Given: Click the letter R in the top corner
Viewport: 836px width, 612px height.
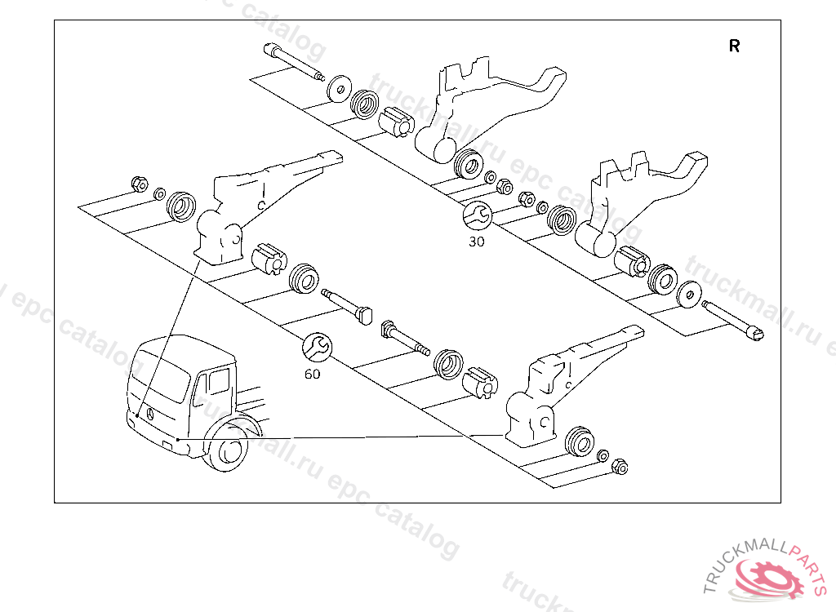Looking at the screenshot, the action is pyautogui.click(x=735, y=47).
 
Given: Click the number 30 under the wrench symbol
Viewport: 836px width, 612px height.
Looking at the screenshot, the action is pyautogui.click(x=476, y=242).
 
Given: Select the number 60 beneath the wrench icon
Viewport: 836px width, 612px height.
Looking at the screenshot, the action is pyautogui.click(x=312, y=374).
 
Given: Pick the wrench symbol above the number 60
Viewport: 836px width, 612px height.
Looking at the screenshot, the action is pyautogui.click(x=317, y=347).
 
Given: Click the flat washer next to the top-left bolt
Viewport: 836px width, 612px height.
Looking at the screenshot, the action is pyautogui.click(x=338, y=88).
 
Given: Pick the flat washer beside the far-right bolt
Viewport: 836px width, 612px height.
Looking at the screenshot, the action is pyautogui.click(x=690, y=294).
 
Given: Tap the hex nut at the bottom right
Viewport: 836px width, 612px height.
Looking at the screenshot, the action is pyautogui.click(x=619, y=466).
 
